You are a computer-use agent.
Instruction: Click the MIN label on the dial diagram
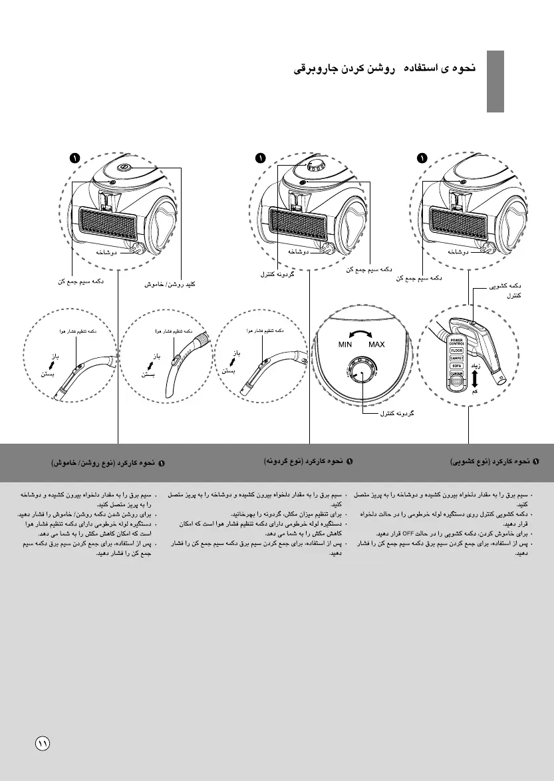345,345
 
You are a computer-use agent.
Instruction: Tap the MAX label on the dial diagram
376,345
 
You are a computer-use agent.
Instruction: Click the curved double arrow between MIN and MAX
360,335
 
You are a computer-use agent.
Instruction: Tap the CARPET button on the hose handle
456,358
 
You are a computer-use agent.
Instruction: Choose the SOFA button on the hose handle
456,366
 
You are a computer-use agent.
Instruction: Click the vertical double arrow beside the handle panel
474,379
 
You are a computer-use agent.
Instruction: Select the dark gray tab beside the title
494,81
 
